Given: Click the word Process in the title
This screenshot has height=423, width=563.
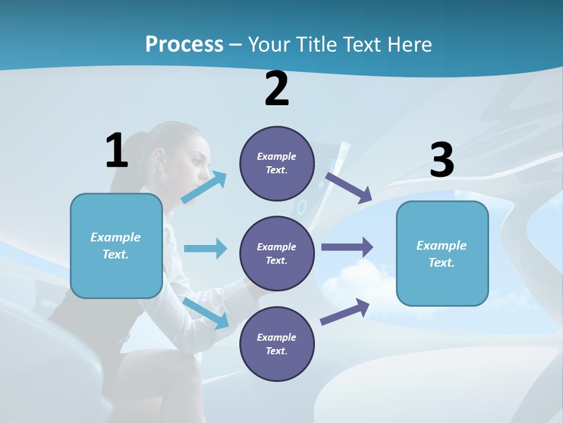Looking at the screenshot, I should click(184, 45).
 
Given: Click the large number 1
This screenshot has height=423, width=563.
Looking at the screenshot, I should click(117, 150).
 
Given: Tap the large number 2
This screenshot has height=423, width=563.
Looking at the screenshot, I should click(277, 89).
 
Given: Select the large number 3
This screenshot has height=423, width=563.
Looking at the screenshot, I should click(442, 160).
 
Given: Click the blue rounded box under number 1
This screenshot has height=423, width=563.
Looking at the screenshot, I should click(116, 246).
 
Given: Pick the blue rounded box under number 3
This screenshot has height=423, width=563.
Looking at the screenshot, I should click(442, 253).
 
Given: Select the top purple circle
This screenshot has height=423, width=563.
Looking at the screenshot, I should click(277, 163).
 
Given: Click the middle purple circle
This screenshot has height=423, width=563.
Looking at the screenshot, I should click(277, 253).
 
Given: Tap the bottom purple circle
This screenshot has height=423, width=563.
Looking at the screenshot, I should click(277, 344).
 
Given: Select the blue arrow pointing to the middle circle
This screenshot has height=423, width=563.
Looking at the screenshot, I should click(205, 249).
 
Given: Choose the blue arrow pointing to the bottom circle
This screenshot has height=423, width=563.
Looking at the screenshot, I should click(206, 313).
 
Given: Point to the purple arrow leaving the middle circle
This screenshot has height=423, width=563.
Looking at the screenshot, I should click(347, 247).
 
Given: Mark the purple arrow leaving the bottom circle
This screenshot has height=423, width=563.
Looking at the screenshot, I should click(345, 311).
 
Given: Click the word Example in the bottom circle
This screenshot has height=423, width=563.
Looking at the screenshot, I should click(277, 337).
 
